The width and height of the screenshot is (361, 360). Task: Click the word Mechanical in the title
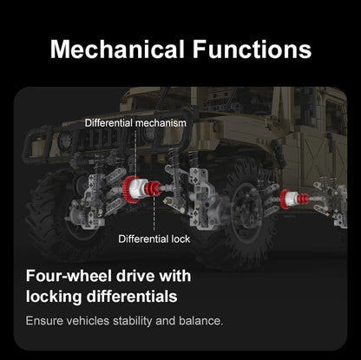click(x=117, y=49)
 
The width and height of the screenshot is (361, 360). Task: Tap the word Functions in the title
click(x=252, y=49)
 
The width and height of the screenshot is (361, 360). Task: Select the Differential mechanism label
click(x=135, y=123)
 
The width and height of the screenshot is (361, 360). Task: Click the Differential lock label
click(x=154, y=239)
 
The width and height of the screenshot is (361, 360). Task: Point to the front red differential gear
click(x=127, y=189)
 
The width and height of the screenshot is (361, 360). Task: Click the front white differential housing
click(x=138, y=188)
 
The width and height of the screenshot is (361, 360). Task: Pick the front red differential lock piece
click(x=154, y=188)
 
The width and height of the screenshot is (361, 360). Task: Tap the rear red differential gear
click(x=284, y=199)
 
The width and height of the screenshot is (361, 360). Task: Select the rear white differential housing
click(x=292, y=199)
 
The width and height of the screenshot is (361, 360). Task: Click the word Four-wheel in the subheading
click(x=69, y=276)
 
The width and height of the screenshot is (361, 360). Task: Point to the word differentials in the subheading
click(x=132, y=297)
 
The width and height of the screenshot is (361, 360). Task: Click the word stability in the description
click(x=132, y=321)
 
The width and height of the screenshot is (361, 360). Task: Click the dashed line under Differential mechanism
click(x=135, y=154)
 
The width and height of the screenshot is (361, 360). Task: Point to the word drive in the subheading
click(x=135, y=276)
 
